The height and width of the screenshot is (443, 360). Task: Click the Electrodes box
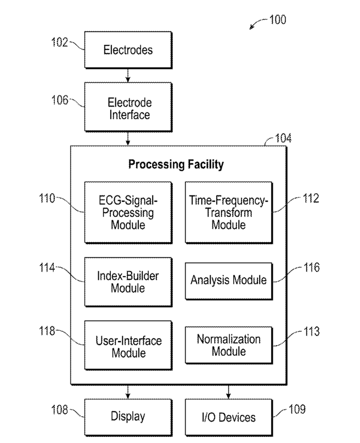click(128, 50)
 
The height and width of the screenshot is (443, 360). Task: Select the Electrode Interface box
click(128, 107)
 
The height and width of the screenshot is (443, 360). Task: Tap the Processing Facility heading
click(176, 164)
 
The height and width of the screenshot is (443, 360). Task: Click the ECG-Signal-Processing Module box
click(128, 212)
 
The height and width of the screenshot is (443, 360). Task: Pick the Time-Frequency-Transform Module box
click(229, 212)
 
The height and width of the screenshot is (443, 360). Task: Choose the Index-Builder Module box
click(128, 282)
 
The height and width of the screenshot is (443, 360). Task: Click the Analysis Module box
click(229, 281)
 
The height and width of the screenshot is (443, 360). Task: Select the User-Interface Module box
click(128, 345)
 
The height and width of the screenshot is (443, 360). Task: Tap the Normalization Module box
click(229, 345)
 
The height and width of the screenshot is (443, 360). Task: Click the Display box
click(128, 417)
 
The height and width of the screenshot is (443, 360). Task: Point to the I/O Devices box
click(229, 417)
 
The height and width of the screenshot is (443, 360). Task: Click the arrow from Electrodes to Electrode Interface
click(128, 75)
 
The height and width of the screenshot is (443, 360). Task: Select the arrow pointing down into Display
click(128, 391)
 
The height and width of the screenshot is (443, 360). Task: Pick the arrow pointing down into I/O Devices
click(228, 391)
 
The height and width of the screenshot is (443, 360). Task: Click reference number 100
click(278, 20)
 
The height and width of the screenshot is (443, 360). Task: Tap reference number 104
click(283, 138)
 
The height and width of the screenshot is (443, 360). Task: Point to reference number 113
click(312, 332)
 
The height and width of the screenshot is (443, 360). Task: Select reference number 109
click(297, 409)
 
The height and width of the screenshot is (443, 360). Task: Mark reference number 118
click(47, 330)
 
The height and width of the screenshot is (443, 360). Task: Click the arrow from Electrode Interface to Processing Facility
click(128, 139)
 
